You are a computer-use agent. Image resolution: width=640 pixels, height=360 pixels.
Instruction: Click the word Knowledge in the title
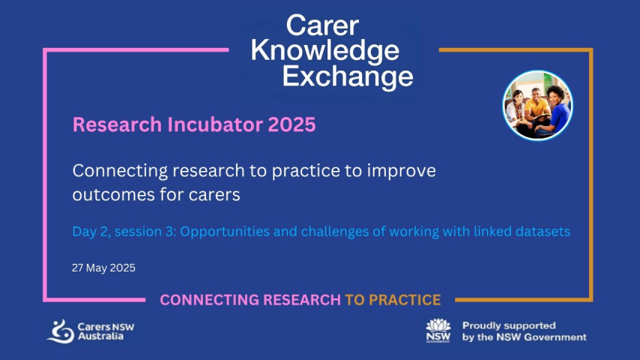coord(325,51)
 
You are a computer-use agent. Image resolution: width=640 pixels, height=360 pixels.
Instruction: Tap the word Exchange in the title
coord(348,76)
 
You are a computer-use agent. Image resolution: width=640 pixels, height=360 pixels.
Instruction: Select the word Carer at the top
coord(322,25)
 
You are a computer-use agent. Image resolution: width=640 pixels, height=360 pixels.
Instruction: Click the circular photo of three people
coord(537,106)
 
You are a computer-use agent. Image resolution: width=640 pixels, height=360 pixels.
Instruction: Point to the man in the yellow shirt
coord(536,108)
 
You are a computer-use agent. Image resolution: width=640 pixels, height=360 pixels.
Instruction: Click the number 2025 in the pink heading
coord(292,124)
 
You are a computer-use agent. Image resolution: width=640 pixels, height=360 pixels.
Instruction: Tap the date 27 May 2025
coord(103,268)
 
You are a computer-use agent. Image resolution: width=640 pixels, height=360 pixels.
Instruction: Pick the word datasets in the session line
coord(543,231)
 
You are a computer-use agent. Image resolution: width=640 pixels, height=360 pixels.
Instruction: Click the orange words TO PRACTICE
coord(393,300)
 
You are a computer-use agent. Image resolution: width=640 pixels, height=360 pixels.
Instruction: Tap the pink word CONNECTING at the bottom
coord(208,300)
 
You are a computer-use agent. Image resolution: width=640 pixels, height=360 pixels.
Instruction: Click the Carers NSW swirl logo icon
coord(61,331)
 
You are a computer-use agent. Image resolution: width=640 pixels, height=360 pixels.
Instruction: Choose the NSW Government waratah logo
coord(438,330)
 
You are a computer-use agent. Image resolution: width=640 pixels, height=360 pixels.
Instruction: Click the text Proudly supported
coord(509,325)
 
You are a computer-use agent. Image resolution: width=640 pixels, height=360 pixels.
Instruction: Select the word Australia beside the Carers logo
coord(100,336)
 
